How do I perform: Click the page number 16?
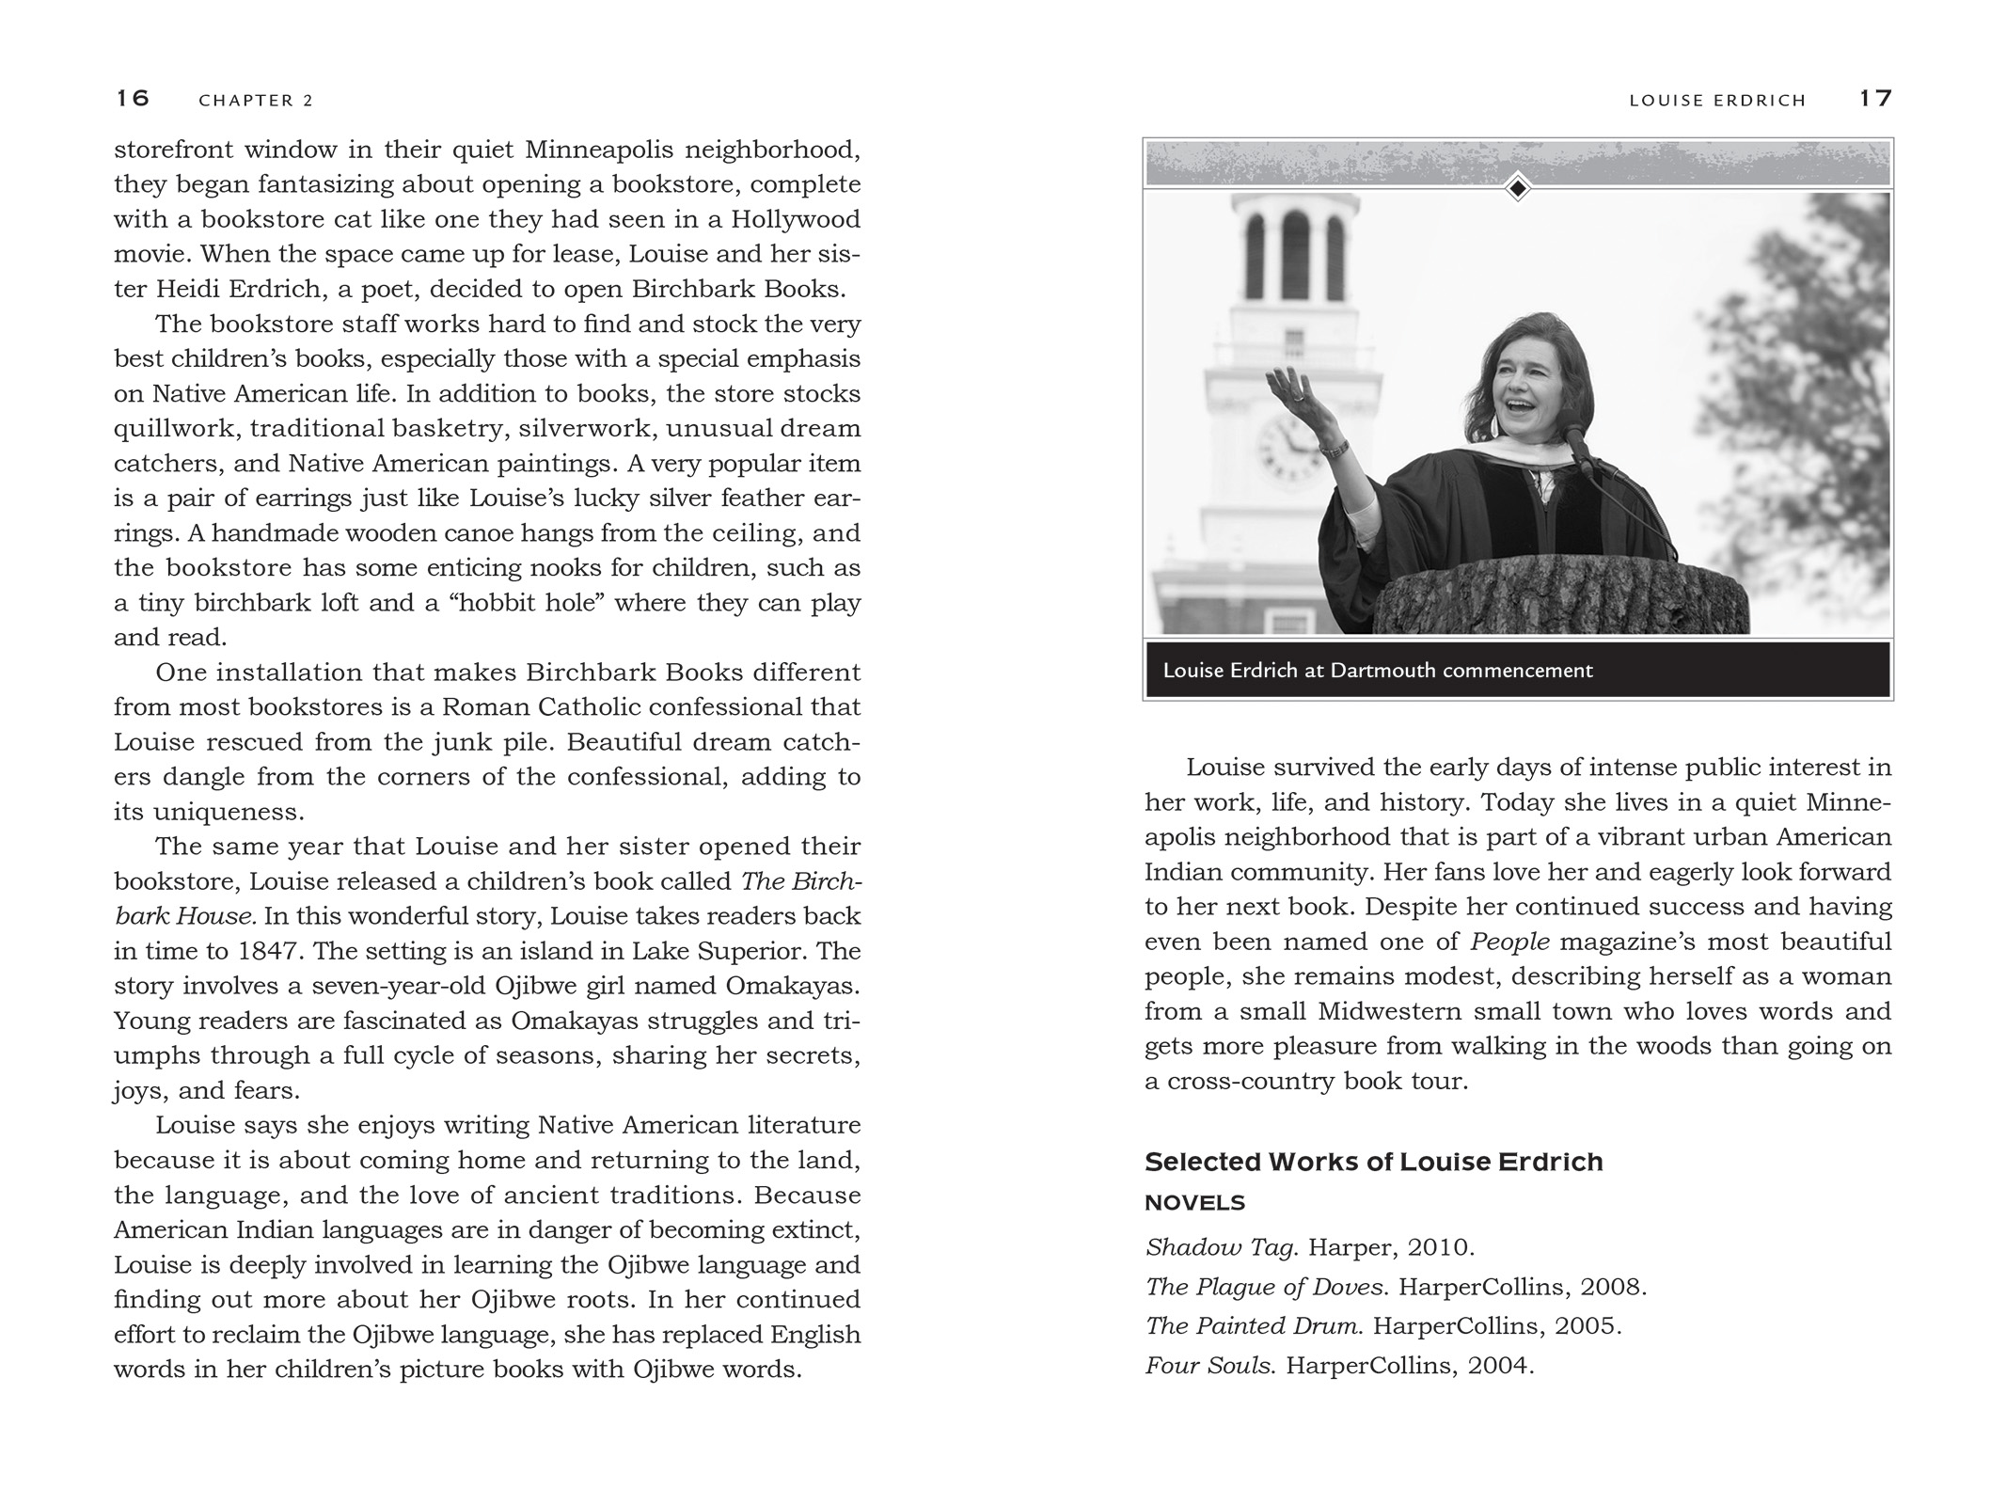(133, 98)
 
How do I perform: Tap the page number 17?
(1875, 98)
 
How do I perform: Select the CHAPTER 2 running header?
(256, 101)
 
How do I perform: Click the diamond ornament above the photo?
(1517, 188)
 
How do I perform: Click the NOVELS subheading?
(1194, 1203)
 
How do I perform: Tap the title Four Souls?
(1209, 1366)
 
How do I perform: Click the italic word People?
(1510, 942)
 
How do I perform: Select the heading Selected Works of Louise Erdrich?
(1373, 1163)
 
